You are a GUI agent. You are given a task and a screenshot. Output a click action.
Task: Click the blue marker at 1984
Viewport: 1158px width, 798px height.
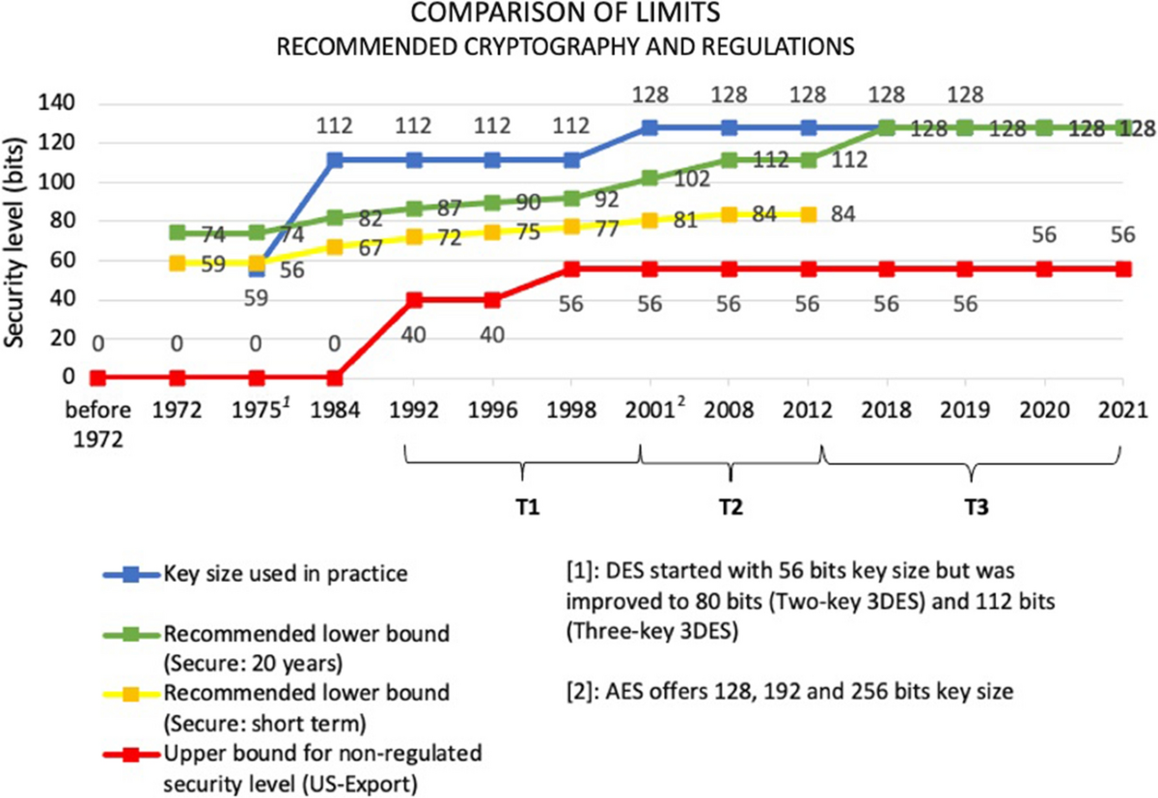pyautogui.click(x=334, y=159)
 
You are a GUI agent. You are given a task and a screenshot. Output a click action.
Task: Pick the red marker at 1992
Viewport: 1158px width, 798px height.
pyautogui.click(x=413, y=300)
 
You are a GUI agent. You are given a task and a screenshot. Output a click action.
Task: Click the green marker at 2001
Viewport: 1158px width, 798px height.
pyautogui.click(x=650, y=179)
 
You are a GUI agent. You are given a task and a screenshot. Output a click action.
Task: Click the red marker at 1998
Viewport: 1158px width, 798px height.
pyautogui.click(x=571, y=269)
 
